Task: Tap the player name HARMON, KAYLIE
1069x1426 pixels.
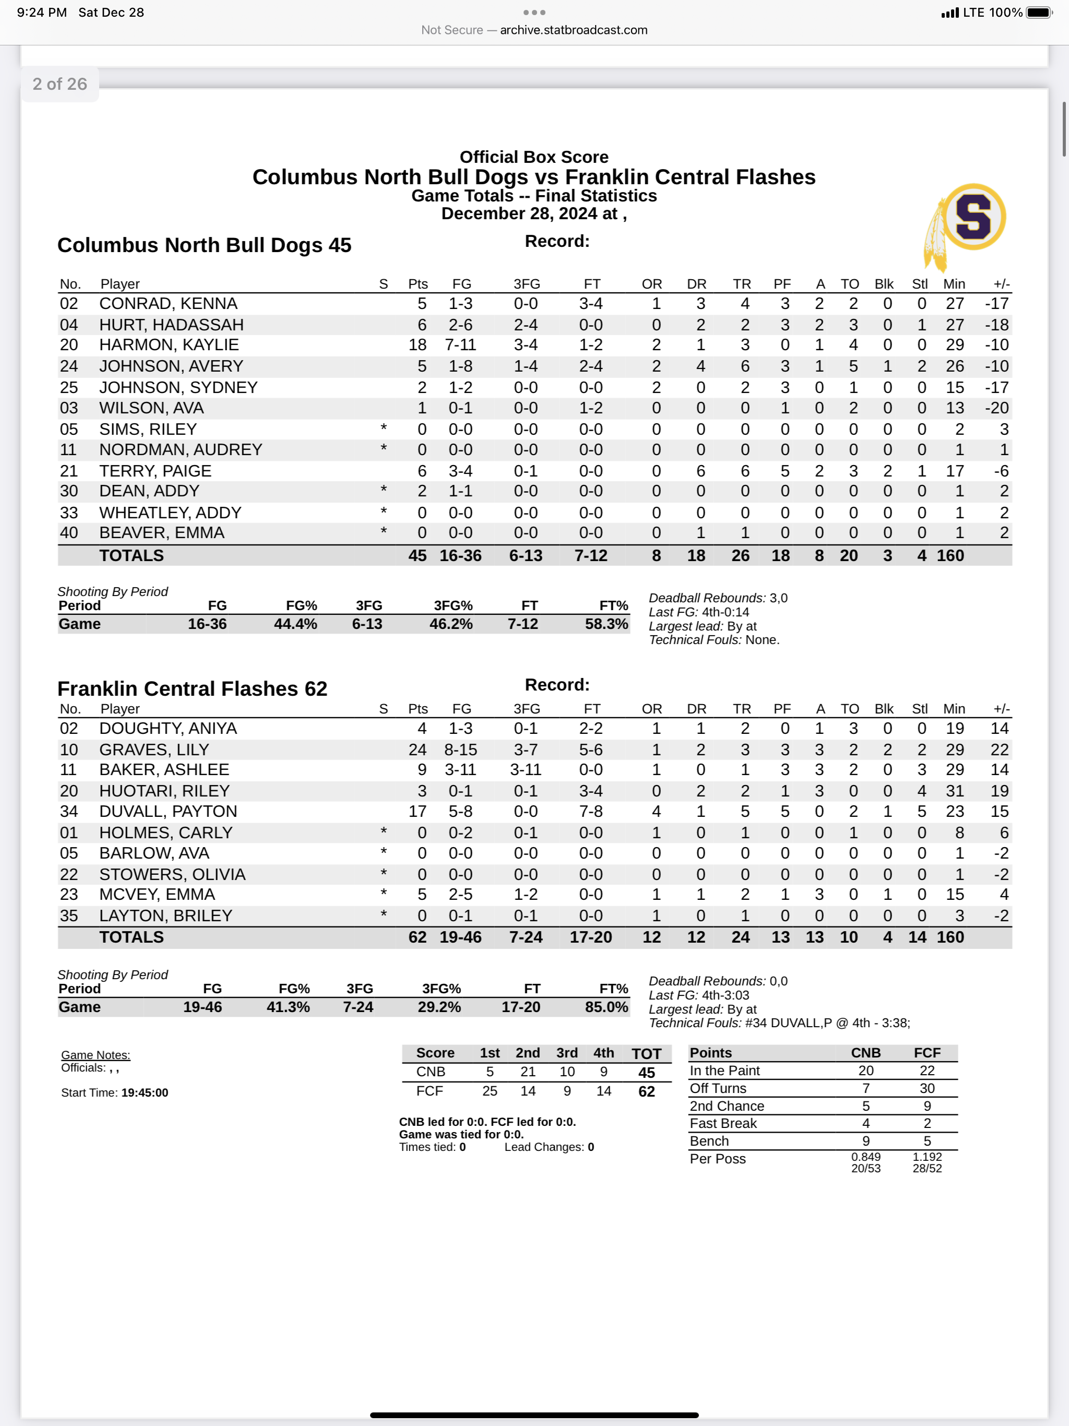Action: tap(169, 345)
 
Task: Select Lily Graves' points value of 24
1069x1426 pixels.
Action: tap(417, 750)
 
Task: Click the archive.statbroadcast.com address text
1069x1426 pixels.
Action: tap(573, 30)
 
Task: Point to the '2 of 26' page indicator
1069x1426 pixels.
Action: tap(60, 84)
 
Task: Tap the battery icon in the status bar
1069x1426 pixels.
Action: tap(1038, 12)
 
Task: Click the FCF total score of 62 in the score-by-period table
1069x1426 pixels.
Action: tap(646, 1091)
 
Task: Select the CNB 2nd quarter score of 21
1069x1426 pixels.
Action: tap(527, 1072)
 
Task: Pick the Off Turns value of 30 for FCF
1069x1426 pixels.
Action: tap(927, 1088)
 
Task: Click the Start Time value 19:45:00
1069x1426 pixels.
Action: tap(145, 1092)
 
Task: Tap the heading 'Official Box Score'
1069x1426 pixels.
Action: tap(534, 157)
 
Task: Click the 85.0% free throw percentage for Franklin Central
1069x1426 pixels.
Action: tap(606, 1007)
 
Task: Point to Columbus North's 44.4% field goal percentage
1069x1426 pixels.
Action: tap(295, 624)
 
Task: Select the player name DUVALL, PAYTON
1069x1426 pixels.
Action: tap(168, 811)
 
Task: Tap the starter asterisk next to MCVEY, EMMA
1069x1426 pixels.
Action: tap(384, 894)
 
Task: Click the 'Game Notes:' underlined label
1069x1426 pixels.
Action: tap(96, 1055)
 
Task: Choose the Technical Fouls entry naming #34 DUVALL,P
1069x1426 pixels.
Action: tap(827, 1023)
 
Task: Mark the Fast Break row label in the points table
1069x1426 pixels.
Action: tap(723, 1123)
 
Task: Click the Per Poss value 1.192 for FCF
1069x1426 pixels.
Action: tap(927, 1157)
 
